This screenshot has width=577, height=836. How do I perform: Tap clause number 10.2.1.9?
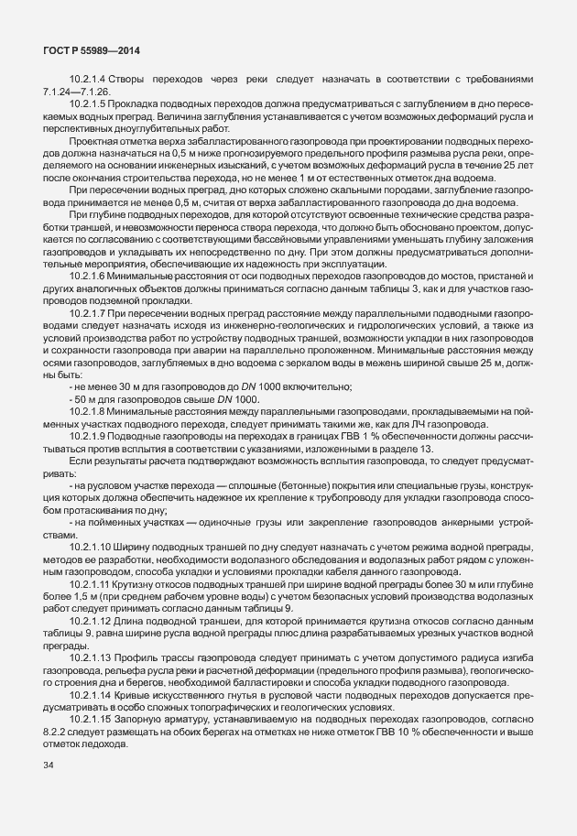(90, 436)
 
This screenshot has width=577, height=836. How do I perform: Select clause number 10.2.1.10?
(93, 548)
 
